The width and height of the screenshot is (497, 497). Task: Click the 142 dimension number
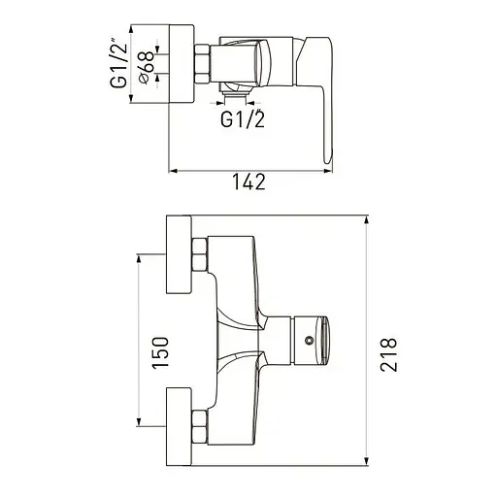248,182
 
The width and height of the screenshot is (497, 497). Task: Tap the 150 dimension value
160,352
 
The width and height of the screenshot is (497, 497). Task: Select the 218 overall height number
388,354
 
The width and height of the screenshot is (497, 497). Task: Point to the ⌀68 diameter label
147,67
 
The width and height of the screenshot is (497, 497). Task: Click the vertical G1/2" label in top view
118,63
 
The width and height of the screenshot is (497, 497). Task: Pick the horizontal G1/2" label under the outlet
243,118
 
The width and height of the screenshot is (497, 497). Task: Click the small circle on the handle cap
310,340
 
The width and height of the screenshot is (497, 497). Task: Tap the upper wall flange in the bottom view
179,254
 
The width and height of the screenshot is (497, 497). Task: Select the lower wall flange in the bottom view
179,426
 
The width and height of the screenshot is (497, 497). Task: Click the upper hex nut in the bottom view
200,254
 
